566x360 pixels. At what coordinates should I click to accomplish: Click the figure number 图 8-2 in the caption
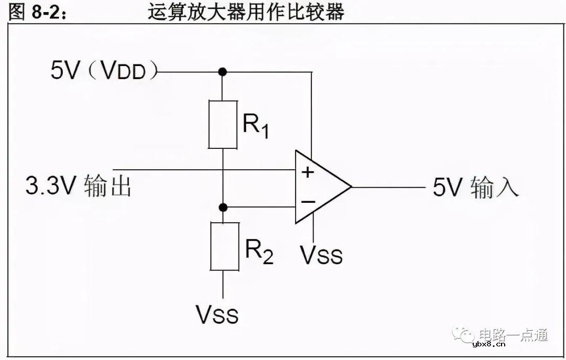click(38, 12)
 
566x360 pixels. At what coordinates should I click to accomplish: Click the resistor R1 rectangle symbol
click(223, 125)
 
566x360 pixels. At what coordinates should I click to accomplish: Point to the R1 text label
click(256, 126)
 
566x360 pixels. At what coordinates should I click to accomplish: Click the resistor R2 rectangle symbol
click(224, 246)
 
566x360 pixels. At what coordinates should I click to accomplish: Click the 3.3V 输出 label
click(78, 187)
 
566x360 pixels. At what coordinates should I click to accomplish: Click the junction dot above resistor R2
click(224, 207)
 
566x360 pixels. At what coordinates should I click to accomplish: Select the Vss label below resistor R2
click(217, 314)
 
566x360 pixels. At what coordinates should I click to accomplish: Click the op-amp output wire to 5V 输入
click(388, 187)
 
